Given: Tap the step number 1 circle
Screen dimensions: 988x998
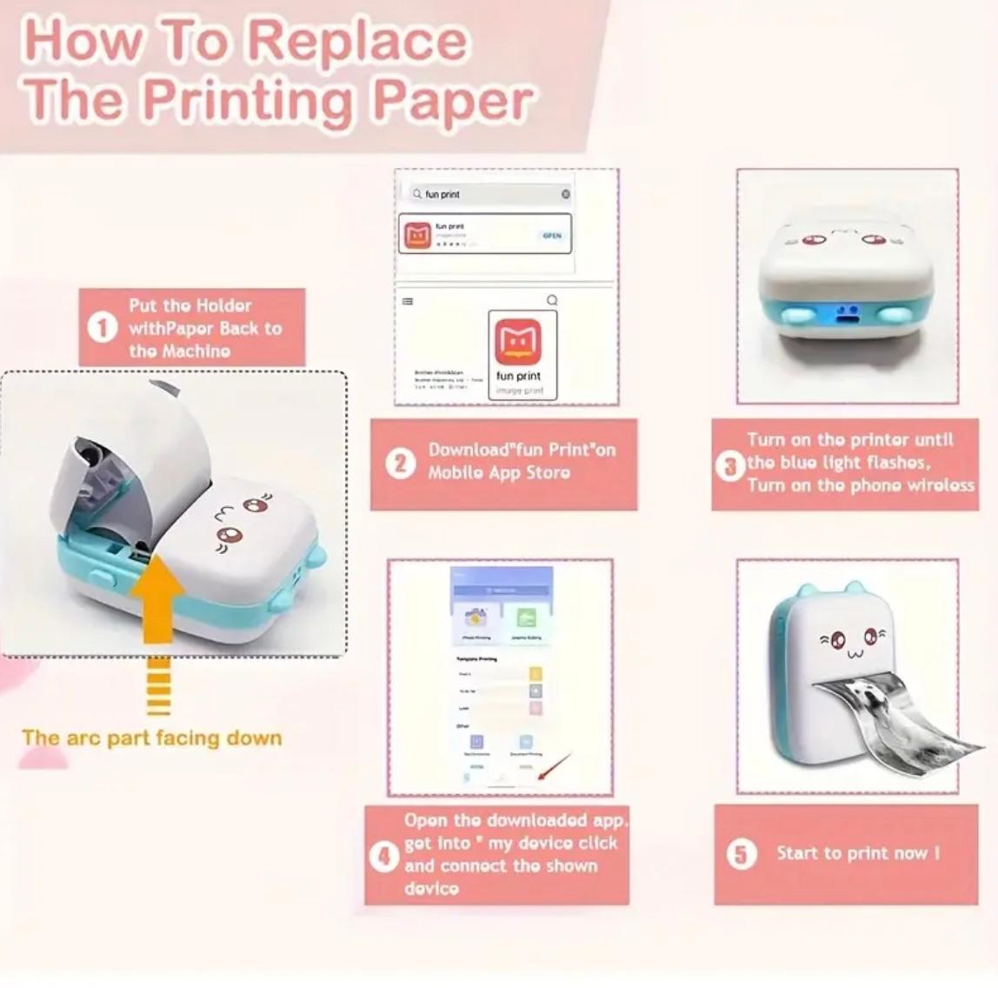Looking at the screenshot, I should click(103, 328).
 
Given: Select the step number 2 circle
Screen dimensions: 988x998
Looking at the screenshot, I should click(400, 463).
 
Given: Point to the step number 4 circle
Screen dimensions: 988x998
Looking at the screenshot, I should click(383, 857).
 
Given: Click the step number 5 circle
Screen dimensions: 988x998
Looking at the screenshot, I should click(741, 854).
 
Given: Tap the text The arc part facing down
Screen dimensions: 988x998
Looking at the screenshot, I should click(152, 738).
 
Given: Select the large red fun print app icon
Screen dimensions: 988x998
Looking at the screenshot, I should click(518, 342).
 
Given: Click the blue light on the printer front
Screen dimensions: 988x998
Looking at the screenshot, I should click(845, 314).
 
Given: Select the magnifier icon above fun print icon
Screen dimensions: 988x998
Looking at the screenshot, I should click(551, 300).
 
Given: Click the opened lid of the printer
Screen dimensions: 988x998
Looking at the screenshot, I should click(130, 452).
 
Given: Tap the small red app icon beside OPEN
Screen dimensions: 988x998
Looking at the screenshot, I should click(418, 235).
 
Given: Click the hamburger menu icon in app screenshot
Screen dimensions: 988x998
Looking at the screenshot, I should click(408, 302).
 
